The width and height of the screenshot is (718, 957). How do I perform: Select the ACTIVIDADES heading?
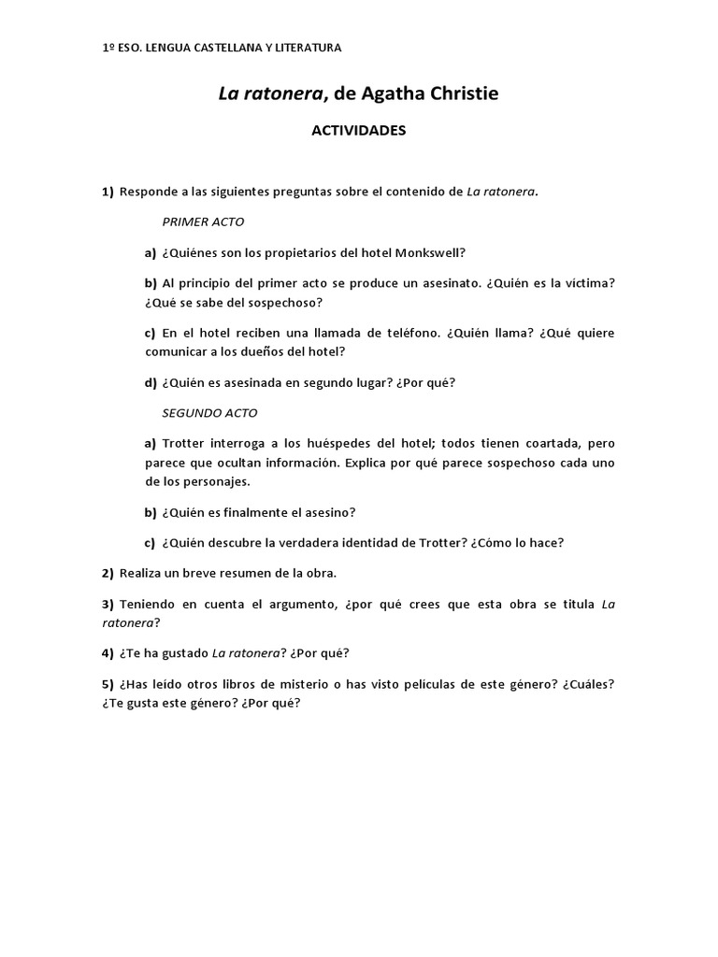(359, 131)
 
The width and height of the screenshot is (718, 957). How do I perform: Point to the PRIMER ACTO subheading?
(203, 222)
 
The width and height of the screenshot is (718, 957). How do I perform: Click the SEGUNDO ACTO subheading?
(209, 412)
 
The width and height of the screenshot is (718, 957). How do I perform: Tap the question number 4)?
(108, 652)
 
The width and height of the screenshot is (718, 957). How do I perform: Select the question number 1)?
(108, 193)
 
